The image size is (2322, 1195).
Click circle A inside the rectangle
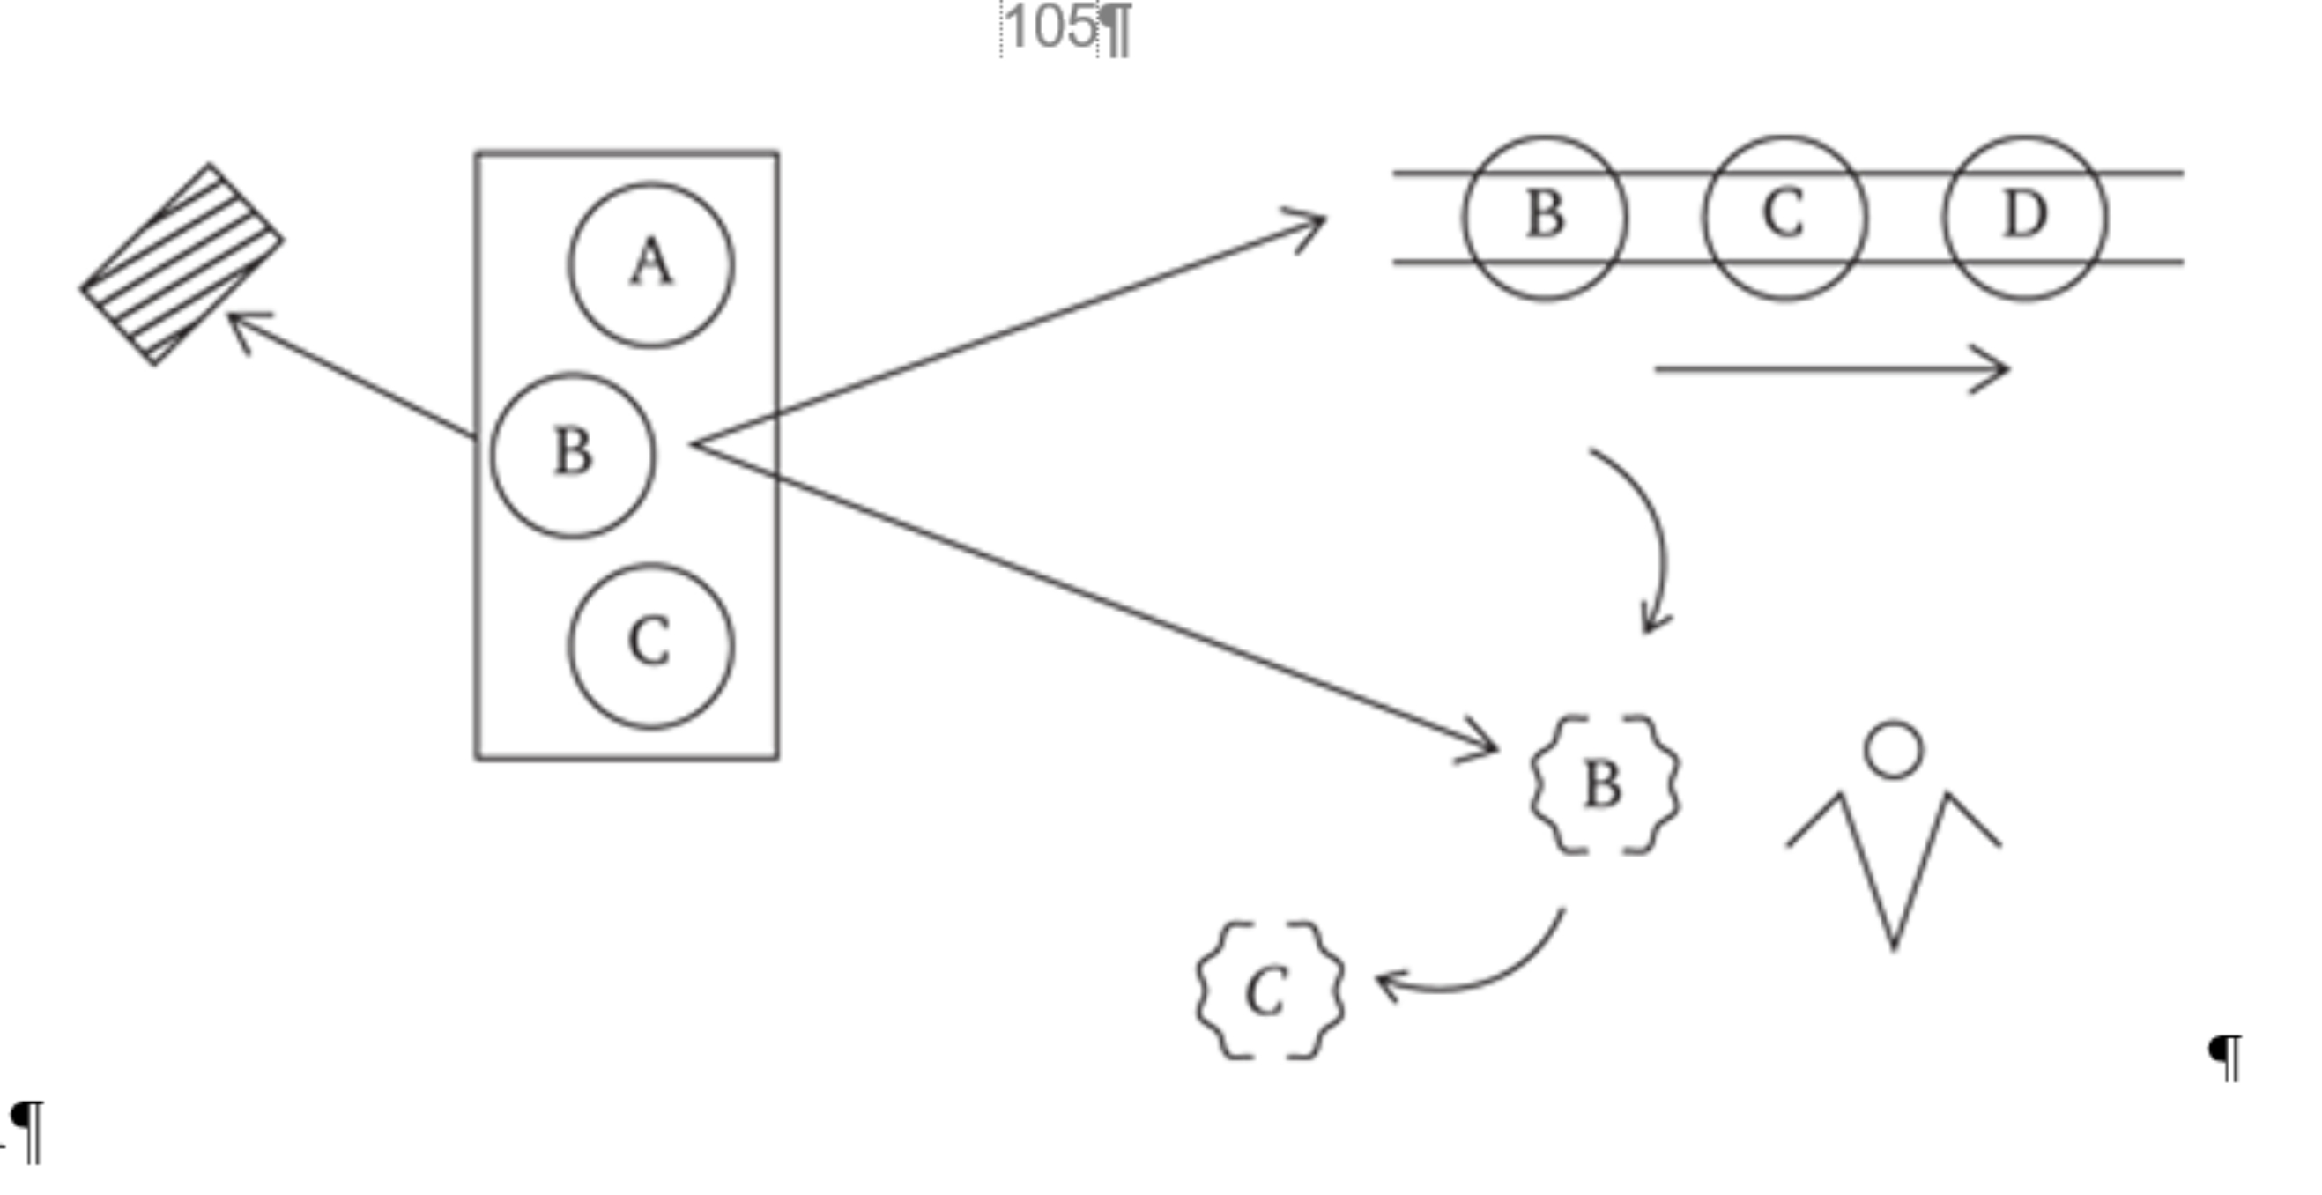point(651,265)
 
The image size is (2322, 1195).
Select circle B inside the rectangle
point(574,454)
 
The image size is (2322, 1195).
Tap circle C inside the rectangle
point(651,645)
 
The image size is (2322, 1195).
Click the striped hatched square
point(182,264)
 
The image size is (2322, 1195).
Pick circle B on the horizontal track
point(1545,217)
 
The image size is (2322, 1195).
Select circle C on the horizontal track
point(1784,217)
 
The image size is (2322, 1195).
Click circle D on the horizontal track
point(2024,217)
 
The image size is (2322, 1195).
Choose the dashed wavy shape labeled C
point(1270,991)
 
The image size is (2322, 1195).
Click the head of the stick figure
point(1894,750)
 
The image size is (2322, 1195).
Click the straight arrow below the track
point(1829,368)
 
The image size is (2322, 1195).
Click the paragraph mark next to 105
point(1116,31)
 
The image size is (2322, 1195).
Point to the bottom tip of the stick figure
point(1893,946)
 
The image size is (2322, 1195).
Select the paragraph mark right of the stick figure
point(2225,1058)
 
